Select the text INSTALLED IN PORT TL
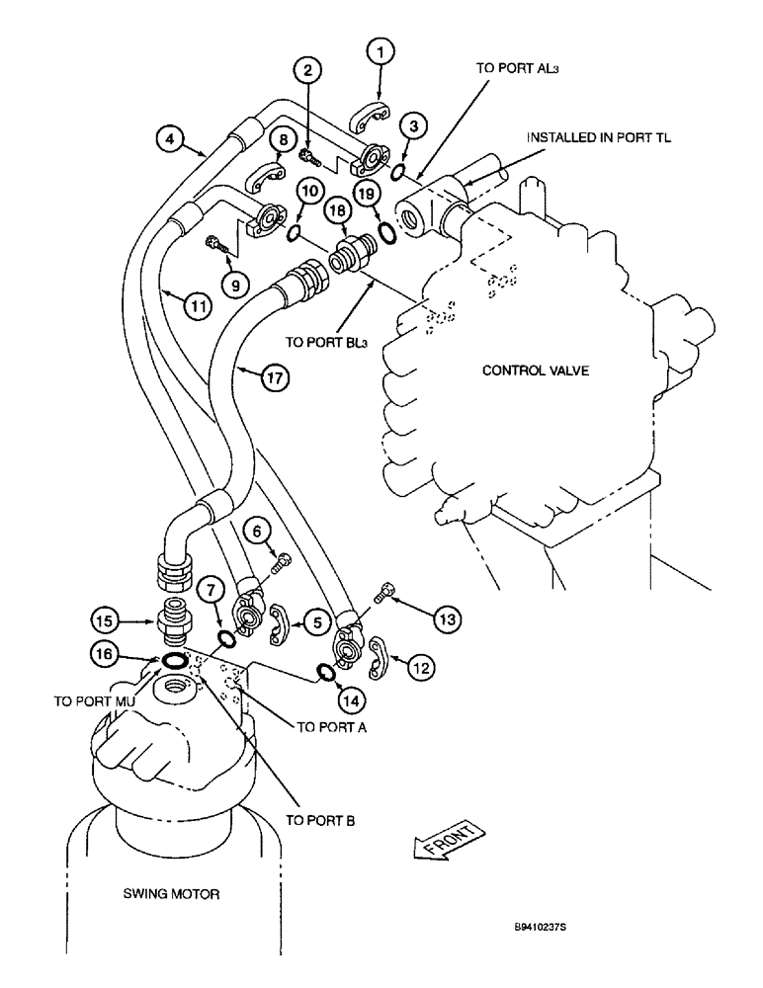tap(598, 138)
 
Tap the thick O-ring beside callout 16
tap(174, 659)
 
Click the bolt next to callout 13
tap(385, 593)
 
